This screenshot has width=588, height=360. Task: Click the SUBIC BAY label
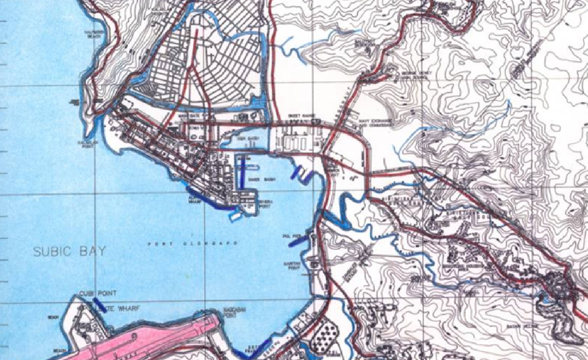coord(69,251)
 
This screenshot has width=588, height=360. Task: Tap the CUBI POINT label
coord(98,293)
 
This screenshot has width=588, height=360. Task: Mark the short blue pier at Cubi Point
coord(100,305)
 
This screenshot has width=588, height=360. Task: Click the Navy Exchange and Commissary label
coord(375,123)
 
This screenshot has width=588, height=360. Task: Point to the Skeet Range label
coord(297,116)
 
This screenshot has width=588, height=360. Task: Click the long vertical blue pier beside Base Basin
coord(243,173)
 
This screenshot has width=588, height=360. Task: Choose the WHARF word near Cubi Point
coord(126,309)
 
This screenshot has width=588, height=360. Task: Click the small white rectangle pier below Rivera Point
coord(235,216)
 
